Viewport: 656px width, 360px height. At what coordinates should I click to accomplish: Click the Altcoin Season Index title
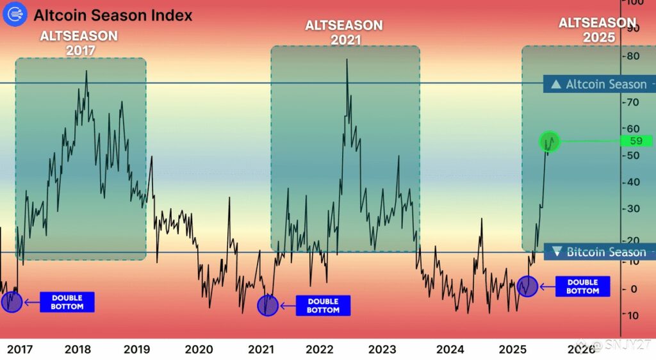tap(113, 15)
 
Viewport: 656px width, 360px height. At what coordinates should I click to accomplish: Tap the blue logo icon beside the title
tap(14, 15)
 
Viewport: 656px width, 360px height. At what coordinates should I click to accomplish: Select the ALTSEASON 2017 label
tap(79, 42)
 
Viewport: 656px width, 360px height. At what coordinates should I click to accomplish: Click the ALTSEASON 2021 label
tap(345, 32)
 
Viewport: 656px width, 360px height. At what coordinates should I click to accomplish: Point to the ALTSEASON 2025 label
tap(597, 30)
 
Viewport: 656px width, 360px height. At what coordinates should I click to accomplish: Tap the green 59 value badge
tap(636, 141)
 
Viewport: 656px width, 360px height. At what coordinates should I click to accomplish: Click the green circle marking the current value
tap(550, 142)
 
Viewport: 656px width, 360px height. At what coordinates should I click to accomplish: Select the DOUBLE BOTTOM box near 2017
tap(67, 302)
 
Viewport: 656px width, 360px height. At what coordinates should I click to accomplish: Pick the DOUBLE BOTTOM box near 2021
tap(323, 306)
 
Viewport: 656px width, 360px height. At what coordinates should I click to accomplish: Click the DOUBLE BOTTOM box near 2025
tap(582, 286)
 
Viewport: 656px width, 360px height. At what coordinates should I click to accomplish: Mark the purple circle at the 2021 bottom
tap(268, 306)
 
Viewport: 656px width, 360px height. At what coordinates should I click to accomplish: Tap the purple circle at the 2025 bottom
tap(527, 286)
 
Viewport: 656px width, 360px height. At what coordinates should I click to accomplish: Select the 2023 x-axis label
tap(382, 349)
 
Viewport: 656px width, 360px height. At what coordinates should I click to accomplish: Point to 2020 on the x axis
tap(199, 349)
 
